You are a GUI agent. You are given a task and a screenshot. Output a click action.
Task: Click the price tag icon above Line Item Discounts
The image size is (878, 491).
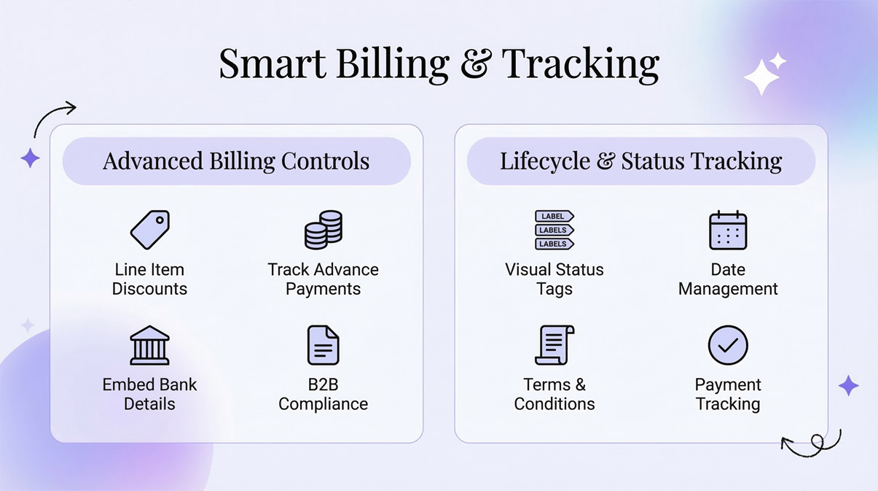(x=150, y=230)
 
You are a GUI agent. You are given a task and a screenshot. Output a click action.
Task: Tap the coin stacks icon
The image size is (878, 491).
(x=323, y=229)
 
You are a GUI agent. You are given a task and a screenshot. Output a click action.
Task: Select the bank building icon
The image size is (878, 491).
(x=149, y=345)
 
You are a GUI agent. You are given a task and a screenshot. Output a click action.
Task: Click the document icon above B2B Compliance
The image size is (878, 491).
(x=323, y=345)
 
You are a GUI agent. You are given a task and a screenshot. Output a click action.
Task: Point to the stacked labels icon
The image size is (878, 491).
(x=554, y=230)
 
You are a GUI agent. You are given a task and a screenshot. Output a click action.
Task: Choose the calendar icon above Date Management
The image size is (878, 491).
(x=728, y=231)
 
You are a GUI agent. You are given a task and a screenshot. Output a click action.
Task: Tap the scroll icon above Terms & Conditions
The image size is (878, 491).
(x=554, y=345)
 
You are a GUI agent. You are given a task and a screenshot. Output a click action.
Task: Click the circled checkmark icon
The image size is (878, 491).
(x=728, y=345)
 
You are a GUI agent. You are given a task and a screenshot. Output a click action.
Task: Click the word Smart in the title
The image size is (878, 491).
(x=272, y=63)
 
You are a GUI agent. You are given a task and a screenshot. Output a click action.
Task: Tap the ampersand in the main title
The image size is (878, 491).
(x=475, y=64)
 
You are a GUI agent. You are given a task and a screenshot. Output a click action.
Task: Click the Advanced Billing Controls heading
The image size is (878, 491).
(x=236, y=161)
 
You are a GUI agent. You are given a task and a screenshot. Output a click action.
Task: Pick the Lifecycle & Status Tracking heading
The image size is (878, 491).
(x=640, y=161)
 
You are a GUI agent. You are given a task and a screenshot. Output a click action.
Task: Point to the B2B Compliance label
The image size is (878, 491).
(x=323, y=394)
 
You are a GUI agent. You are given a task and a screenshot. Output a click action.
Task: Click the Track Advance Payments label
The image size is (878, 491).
(x=323, y=279)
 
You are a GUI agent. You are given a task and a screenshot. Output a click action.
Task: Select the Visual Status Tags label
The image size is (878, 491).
(x=554, y=279)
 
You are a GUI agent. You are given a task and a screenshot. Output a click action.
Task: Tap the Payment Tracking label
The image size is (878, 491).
(x=728, y=394)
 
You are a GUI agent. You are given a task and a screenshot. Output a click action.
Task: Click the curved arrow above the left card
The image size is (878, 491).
(x=54, y=117)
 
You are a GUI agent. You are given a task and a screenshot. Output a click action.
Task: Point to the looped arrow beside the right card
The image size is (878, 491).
(x=812, y=443)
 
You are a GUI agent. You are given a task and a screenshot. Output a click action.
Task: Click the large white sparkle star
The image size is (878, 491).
(x=761, y=77)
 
